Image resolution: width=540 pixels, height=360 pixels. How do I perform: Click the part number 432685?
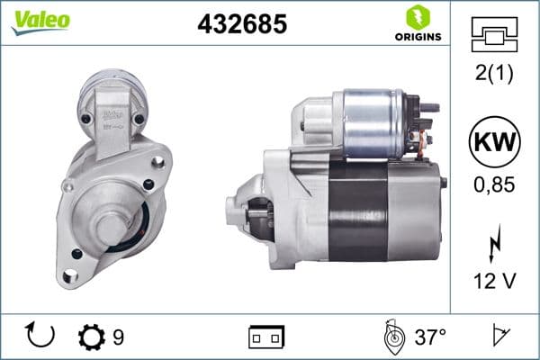point(242,24)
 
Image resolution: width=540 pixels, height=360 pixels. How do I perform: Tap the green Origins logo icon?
point(418,16)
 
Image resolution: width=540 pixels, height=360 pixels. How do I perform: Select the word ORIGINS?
point(418,37)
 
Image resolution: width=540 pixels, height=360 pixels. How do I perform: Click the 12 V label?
point(494,282)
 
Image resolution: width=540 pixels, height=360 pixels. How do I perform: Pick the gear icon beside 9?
point(92,337)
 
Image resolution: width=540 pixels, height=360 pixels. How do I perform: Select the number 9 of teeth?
point(118,337)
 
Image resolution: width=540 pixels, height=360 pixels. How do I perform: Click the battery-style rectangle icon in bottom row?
point(265,337)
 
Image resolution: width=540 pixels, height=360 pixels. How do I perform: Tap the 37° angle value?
point(430,337)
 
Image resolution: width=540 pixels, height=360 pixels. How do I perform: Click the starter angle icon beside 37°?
point(392,337)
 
